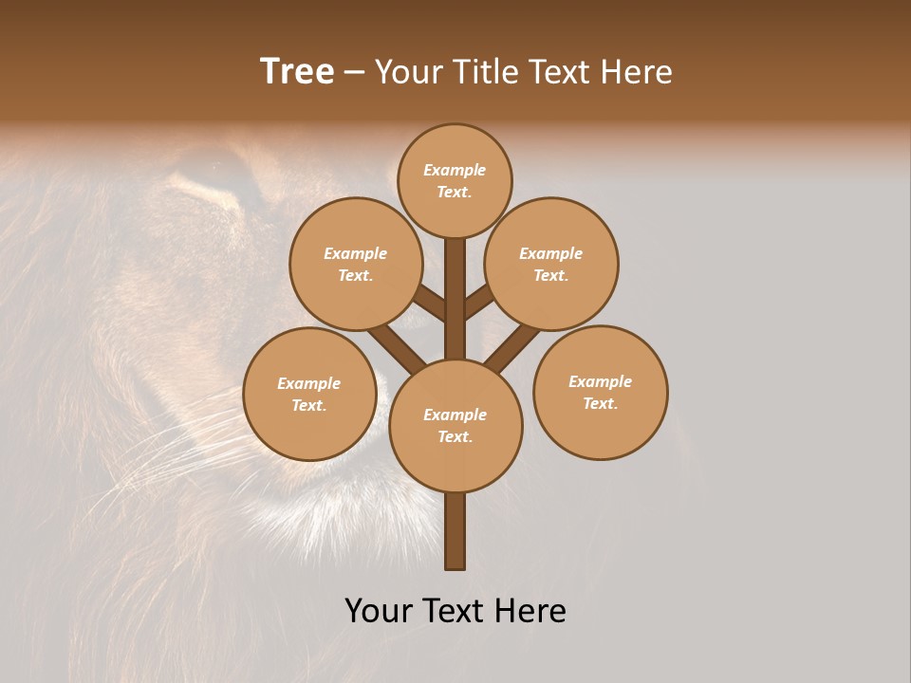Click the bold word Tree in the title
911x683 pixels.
point(297,72)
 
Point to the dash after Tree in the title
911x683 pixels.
point(354,73)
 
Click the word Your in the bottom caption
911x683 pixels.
point(379,610)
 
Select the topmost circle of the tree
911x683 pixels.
point(455,180)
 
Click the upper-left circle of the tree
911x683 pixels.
point(356,264)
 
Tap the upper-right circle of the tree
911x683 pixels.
point(551,264)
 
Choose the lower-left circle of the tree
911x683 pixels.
point(309,394)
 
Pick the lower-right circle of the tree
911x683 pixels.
point(601,392)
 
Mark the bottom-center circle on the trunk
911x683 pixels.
point(455,425)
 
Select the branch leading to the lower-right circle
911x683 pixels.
point(512,345)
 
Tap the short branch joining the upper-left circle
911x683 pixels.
point(430,304)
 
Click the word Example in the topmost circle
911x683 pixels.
point(455,170)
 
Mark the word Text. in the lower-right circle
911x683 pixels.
point(600,403)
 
